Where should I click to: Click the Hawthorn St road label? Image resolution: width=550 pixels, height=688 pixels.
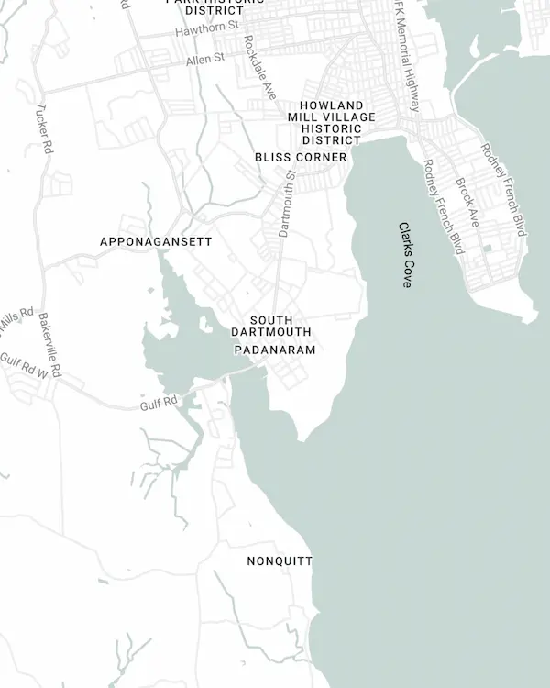pos(207,30)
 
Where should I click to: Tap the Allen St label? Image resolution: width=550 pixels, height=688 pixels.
pos(204,59)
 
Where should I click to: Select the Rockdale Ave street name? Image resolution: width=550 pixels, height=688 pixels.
pos(259,68)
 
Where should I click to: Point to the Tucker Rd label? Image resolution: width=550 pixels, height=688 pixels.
pos(41,128)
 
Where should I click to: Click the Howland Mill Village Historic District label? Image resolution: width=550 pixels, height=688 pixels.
pos(331,123)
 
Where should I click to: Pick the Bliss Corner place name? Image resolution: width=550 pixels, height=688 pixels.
pos(301,157)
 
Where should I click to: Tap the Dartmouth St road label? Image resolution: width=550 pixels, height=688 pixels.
pos(286,203)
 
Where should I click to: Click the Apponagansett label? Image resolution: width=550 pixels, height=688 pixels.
pos(156,241)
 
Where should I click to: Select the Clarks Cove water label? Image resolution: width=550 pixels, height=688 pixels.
pos(405,254)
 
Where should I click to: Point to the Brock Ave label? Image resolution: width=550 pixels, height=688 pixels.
pos(467,203)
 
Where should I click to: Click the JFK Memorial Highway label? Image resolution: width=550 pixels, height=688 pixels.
pos(404,55)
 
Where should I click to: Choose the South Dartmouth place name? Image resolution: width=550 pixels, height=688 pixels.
pos(270,326)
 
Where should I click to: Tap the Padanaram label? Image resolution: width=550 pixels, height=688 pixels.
pos(274,350)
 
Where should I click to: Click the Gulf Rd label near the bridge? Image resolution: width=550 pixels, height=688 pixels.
pos(158,404)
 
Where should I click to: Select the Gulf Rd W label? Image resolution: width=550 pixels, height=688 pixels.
pos(22,364)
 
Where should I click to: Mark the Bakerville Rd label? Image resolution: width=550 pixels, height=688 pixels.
pos(49,346)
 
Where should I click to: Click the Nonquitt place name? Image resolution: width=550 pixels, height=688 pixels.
pos(280,560)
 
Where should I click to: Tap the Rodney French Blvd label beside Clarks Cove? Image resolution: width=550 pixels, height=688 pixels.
pos(444,206)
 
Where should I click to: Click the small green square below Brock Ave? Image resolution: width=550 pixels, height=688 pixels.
pos(488,248)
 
